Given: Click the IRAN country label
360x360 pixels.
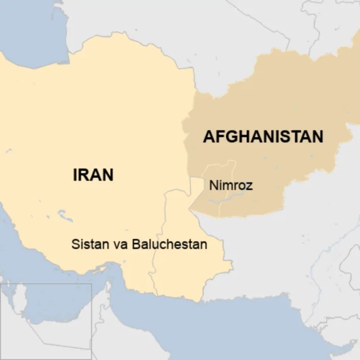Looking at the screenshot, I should point(93,175).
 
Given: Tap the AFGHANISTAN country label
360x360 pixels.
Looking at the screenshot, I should point(263,136).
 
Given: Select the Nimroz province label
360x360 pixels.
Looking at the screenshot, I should point(231,185).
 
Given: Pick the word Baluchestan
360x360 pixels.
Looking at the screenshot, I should point(169,244).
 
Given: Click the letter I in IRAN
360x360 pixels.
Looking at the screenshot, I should point(76,175).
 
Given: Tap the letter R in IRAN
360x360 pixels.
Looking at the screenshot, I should point(85,175).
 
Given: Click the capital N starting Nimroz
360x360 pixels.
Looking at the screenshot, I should point(213,185).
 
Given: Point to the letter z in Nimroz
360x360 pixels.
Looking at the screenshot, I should point(249,186).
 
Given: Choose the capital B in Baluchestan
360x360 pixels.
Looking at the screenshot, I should point(135,244).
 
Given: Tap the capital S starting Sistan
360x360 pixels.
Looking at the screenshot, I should point(75,244).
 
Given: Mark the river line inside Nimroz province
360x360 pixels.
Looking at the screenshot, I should point(232,196).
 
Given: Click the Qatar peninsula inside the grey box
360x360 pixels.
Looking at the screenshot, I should point(18,299).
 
